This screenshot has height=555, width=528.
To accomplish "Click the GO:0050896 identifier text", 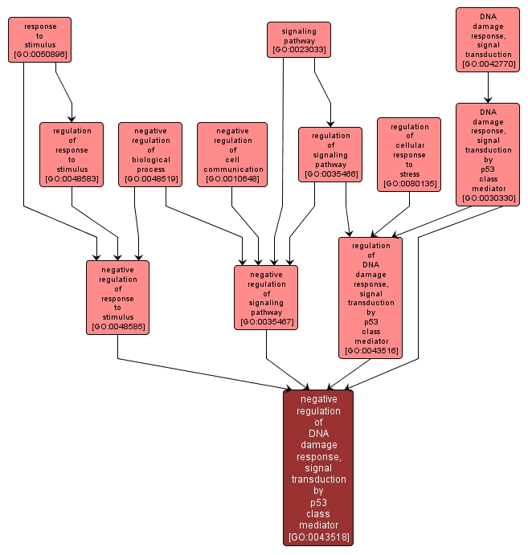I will [x=40, y=55].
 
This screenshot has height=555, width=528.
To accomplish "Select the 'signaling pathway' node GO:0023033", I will [x=299, y=39].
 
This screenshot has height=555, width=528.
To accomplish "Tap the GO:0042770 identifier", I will [x=487, y=64].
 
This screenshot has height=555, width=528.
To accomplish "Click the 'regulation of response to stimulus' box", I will [x=72, y=154].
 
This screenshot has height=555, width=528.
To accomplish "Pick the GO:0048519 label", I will [x=150, y=178].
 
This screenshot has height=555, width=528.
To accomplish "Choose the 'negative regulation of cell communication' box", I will [x=232, y=154].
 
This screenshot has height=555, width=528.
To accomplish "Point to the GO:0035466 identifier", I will [x=330, y=173].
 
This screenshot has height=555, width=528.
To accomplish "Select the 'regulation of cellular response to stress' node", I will [x=409, y=154].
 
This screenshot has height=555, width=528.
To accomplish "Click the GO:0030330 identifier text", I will [x=488, y=198].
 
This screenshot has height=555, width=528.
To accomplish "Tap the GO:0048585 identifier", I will [x=117, y=327].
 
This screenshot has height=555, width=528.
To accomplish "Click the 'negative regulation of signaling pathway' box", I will [x=266, y=297].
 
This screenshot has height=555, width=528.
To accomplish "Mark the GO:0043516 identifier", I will [x=370, y=351].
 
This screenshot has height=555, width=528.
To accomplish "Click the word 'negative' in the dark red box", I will [x=318, y=398].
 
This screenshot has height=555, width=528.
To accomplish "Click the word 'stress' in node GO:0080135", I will [x=409, y=173].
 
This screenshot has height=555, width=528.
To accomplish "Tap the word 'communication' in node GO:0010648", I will [x=233, y=169].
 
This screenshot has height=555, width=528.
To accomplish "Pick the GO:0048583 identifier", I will [x=72, y=178].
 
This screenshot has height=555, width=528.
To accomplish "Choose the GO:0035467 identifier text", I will [x=266, y=322].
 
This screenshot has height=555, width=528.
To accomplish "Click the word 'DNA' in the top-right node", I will [x=488, y=16].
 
